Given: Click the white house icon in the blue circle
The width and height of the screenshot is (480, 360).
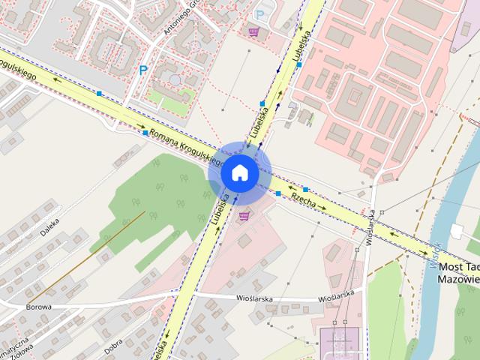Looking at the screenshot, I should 239,172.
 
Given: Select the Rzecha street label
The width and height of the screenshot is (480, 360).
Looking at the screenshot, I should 302,198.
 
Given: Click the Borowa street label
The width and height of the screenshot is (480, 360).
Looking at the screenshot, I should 38,307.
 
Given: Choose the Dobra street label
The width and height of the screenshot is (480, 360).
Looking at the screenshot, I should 113,346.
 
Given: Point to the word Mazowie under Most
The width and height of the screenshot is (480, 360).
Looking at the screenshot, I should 458,279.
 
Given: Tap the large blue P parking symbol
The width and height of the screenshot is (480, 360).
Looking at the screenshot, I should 142,70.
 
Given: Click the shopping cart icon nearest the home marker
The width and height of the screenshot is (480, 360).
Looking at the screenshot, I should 244,215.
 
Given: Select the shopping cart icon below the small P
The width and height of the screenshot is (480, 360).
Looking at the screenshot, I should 253,31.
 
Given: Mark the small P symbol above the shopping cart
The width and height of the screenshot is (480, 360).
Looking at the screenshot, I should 260,14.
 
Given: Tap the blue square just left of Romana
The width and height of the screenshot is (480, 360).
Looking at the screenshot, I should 145,132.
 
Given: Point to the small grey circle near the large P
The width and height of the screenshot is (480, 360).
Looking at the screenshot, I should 174,78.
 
